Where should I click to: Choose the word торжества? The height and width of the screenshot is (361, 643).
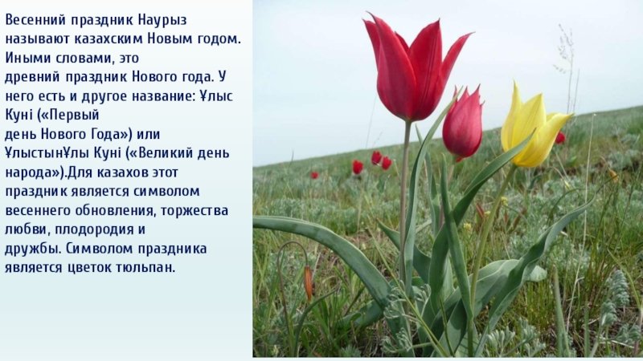point(195,211)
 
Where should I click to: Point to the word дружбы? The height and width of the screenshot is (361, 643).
point(33,249)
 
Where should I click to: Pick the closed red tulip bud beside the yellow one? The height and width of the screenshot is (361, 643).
point(463,123)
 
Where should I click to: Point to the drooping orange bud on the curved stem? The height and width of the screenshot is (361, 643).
point(309,282)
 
